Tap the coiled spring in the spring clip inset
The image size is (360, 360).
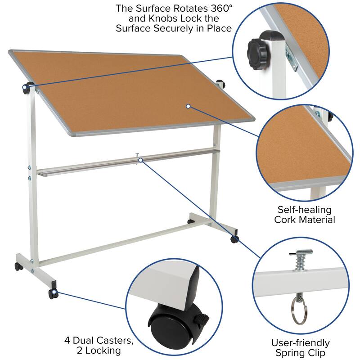pyautogui.click(x=298, y=260)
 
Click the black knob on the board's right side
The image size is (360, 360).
pyautogui.click(x=220, y=84)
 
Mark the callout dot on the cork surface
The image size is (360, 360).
pyautogui.click(x=189, y=106)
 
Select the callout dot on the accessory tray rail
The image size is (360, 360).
pyautogui.click(x=140, y=160)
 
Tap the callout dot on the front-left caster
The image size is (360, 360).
pyautogui.click(x=54, y=293)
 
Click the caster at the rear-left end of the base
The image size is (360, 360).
pyautogui.click(x=18, y=266)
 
